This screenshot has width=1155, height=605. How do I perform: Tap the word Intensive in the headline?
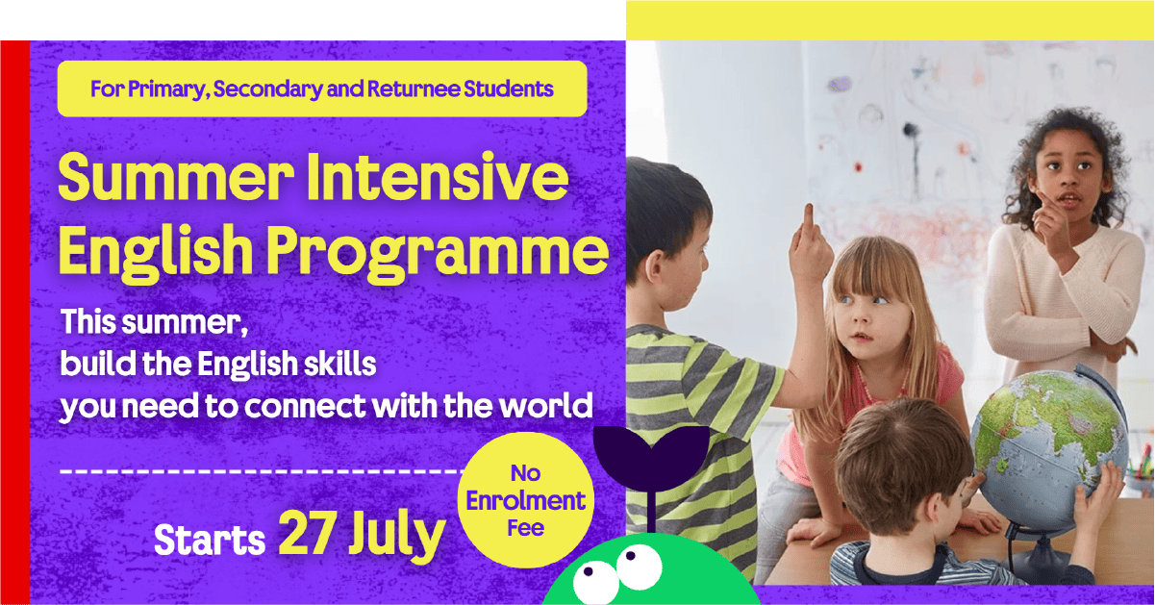pos(438,177)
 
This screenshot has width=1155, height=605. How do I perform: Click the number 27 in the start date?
pos(305,534)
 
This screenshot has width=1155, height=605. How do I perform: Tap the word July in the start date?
pos(396,537)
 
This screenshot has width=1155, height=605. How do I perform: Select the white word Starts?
pos(210,540)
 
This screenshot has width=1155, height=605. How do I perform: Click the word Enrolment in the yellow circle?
pos(525,501)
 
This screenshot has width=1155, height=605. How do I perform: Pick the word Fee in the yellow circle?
pos(525,528)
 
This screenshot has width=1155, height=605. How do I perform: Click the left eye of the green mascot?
pos(595,583)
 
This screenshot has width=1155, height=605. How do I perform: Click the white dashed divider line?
pos(262,471)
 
